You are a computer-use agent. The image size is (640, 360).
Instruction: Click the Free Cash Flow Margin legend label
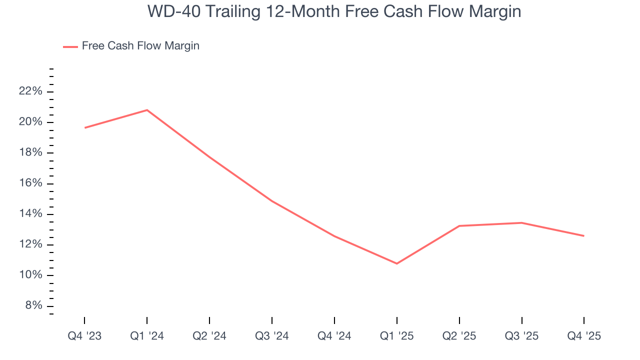[x=140, y=46]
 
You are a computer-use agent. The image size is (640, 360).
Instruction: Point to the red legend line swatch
[x=70, y=46]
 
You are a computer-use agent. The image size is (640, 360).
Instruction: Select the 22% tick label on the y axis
[x=30, y=91]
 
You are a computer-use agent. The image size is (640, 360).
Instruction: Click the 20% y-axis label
[x=30, y=122]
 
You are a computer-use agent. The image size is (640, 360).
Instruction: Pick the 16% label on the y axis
[x=30, y=183]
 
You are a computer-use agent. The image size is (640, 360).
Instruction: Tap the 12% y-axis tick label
[x=30, y=245]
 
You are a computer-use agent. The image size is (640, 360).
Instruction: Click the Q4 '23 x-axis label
[x=84, y=336]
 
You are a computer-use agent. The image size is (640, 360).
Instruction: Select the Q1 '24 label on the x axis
[x=147, y=336]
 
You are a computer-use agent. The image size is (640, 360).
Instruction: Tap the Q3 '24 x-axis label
[x=272, y=336]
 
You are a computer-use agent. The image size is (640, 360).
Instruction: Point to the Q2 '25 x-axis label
[x=459, y=336]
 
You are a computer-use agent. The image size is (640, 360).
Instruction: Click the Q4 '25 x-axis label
[x=584, y=336]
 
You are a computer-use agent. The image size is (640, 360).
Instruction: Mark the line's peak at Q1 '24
[x=147, y=110]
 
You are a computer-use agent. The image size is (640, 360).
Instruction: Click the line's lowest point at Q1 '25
[x=397, y=263]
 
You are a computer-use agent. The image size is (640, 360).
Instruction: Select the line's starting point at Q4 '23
[x=84, y=128]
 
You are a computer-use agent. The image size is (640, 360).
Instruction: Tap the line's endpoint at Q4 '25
[x=584, y=236]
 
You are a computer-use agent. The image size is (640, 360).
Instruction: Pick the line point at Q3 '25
[x=521, y=223]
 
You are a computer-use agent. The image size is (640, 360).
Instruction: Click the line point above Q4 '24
[x=334, y=236]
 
